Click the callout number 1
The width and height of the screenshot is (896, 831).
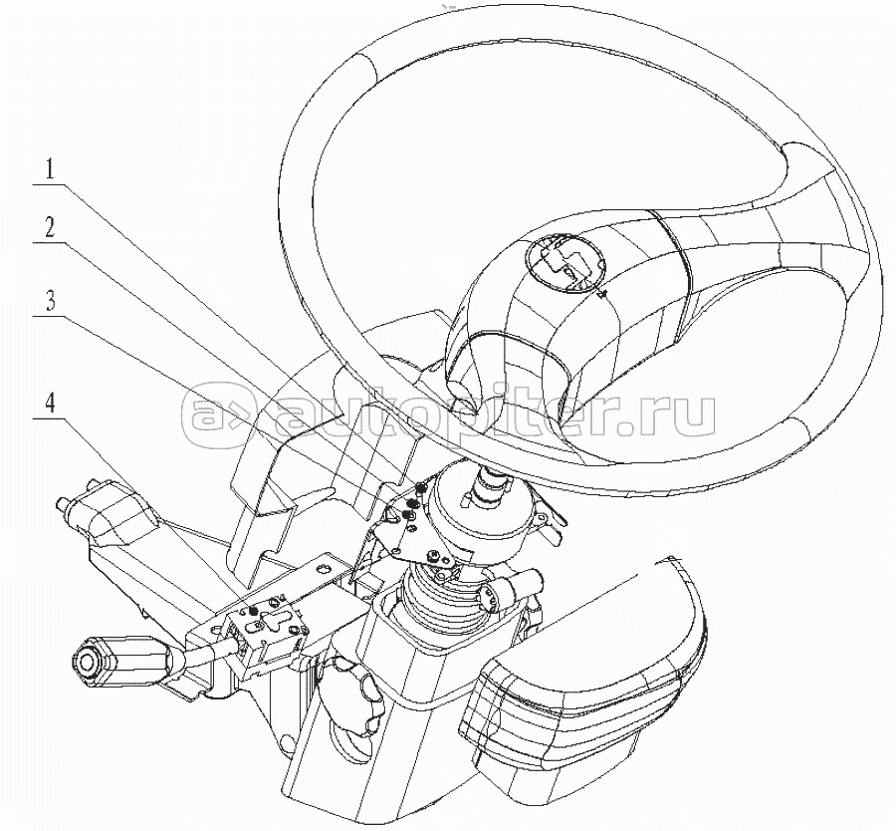point(51,169)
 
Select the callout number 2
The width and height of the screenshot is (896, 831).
point(51,229)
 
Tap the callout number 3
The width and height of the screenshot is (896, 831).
point(51,301)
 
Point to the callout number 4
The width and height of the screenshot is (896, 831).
point(51,405)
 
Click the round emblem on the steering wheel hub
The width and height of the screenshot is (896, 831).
point(565,264)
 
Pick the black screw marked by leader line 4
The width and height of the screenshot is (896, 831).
point(253,613)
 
